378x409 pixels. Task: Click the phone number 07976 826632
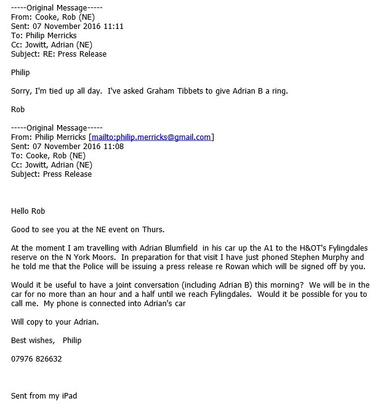click(36, 358)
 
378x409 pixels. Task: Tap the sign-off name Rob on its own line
click(18, 110)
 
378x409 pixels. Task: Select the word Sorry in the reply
click(22, 91)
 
